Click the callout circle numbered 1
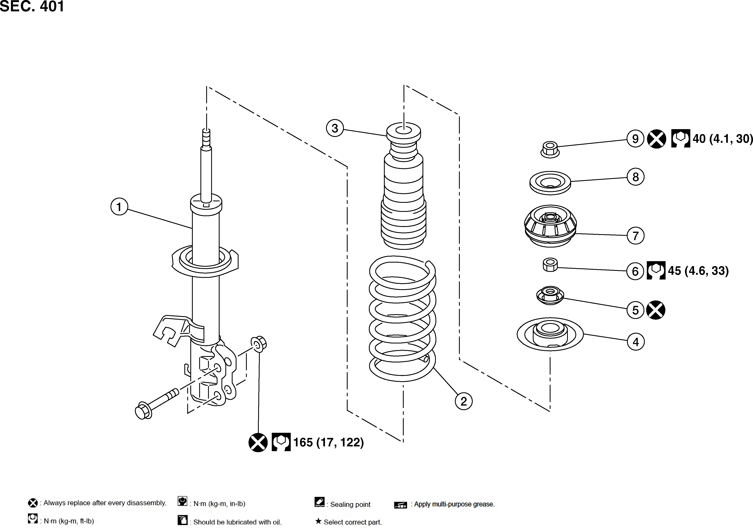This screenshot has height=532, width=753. coord(119,207)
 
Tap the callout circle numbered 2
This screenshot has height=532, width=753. coord(464,401)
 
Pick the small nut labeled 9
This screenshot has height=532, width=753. coord(550,150)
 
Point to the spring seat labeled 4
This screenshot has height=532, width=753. coord(550,334)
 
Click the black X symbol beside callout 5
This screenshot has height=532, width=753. coord(656,310)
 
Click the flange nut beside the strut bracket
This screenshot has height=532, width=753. coord(259,344)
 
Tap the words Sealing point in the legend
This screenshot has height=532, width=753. coord(350,504)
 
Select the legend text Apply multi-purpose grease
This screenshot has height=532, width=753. coord(454,504)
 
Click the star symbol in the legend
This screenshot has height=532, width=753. coord(318,521)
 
